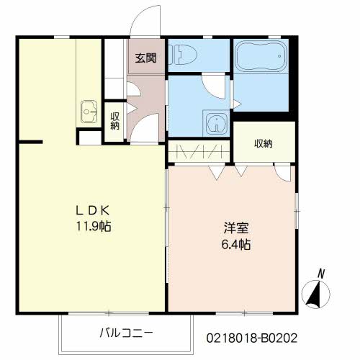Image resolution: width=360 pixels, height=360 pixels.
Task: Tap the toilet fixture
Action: (x=185, y=53)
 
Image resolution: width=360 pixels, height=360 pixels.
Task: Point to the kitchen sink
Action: (x=89, y=112)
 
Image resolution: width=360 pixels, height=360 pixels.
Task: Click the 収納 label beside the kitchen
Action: (x=115, y=121)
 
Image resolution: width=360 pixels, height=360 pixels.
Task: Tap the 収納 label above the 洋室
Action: (x=264, y=143)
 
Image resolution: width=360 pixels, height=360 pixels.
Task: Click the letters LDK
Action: (x=93, y=211)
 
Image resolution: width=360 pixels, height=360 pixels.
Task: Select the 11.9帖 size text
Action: (x=93, y=225)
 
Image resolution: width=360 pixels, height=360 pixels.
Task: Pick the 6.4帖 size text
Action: (x=235, y=245)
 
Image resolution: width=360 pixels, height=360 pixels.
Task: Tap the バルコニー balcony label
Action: (x=126, y=333)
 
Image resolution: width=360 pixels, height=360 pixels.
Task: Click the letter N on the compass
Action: (x=322, y=273)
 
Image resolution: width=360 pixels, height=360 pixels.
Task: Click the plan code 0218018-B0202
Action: (x=252, y=337)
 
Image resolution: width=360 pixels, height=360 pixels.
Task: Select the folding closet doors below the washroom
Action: (x=199, y=153)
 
